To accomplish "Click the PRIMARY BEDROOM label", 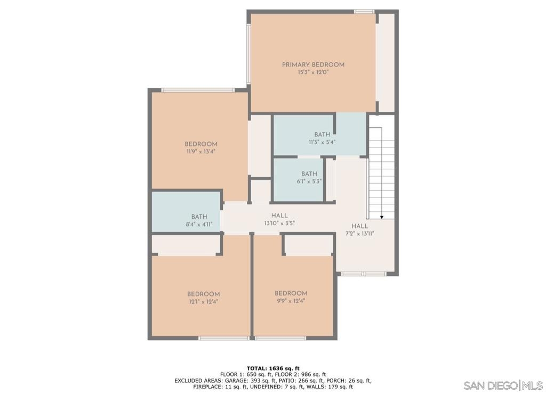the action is click(313, 64).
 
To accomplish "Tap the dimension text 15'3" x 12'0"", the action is click(313, 72).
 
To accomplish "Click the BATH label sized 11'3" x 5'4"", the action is click(322, 134).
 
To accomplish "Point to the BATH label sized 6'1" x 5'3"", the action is click(309, 174).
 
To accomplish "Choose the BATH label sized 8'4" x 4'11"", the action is click(199, 217).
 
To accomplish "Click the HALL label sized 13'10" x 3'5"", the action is click(279, 216).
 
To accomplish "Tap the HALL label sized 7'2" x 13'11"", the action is click(359, 226).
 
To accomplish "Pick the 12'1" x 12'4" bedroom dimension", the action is click(203, 302).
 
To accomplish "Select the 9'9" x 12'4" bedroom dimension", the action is click(291, 301).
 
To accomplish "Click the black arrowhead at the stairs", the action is click(382, 217).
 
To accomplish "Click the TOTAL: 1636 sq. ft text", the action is click(273, 369).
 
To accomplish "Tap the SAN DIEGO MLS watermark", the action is click(503, 386).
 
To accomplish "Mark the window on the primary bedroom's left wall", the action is click(248, 54).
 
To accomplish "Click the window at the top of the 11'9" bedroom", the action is click(198, 90).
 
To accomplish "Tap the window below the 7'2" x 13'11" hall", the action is click(364, 274).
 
